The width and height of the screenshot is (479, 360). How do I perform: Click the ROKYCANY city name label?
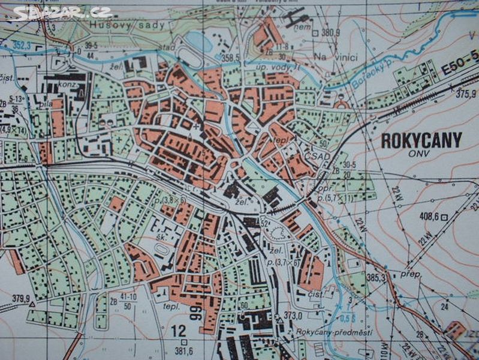point(421,140)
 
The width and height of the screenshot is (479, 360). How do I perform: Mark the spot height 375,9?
point(465,93)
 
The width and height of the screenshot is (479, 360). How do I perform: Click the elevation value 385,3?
point(376,278)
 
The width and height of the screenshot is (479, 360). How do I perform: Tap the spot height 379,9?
point(21,298)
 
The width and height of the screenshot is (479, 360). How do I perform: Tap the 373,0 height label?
point(293,315)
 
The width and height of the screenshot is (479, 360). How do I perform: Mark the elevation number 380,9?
point(330,32)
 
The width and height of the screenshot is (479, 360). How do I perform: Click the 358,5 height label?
point(230,58)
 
